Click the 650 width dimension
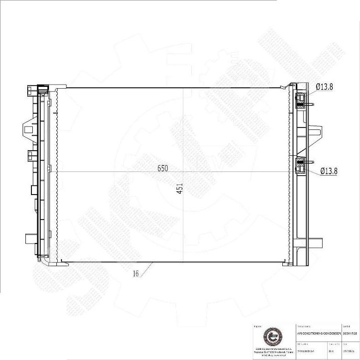(162, 168)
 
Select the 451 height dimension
(181, 189)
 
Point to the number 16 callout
(136, 274)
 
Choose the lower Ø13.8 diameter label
(329, 171)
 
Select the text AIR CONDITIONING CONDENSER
(319, 332)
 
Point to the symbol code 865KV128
(350, 332)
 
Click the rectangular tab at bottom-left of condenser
(30, 239)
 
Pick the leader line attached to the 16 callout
(147, 268)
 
